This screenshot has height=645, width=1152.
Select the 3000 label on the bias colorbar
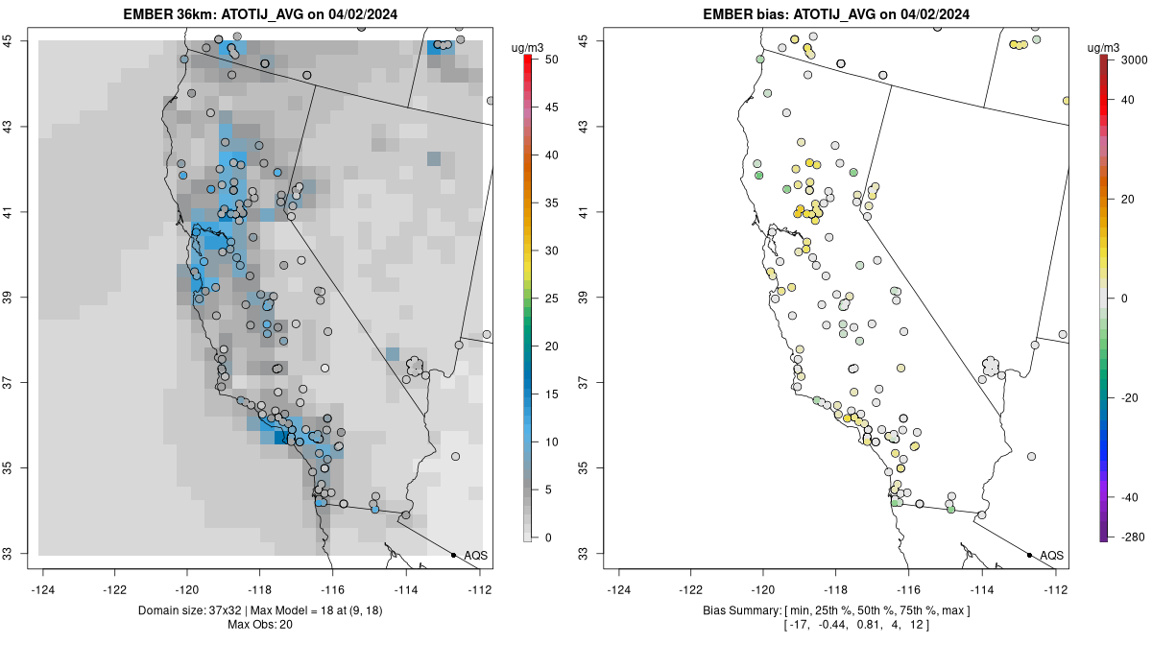[1134, 60]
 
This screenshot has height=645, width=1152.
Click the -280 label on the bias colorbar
[1130, 537]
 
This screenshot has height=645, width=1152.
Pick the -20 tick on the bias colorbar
[1130, 397]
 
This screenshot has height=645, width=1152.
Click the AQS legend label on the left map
[475, 556]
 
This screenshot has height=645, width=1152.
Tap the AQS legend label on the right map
[1051, 556]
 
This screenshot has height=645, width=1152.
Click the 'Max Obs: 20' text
[260, 625]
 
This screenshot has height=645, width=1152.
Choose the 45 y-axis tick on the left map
[18, 40]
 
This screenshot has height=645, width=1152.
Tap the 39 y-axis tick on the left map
[18, 298]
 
